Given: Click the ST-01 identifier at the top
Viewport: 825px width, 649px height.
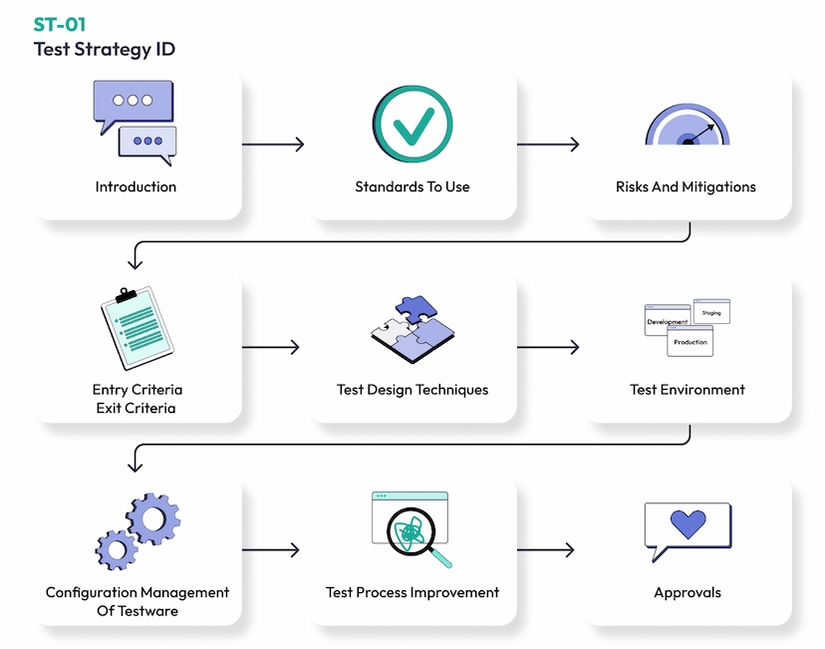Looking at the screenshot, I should click(60, 25).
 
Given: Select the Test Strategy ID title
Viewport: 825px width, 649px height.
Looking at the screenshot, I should click(104, 49).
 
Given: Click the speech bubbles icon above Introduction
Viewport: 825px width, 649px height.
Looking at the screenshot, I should click(135, 123).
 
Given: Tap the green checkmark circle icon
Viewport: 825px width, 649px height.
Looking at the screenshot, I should click(412, 125).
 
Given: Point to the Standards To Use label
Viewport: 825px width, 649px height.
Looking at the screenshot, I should click(412, 186).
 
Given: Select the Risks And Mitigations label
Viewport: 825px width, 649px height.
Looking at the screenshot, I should click(686, 186).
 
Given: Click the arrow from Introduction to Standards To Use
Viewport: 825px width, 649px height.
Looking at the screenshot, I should click(274, 145).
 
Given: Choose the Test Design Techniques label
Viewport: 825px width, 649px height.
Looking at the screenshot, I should click(412, 390).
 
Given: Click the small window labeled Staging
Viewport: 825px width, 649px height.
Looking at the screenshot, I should click(711, 312).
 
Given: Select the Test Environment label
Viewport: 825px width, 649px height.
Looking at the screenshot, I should click(687, 390).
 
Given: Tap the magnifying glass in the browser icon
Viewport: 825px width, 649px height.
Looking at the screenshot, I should click(412, 534).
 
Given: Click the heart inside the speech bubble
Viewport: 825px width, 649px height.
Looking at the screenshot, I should click(687, 523).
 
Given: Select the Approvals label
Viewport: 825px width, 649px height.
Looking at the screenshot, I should click(687, 592).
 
